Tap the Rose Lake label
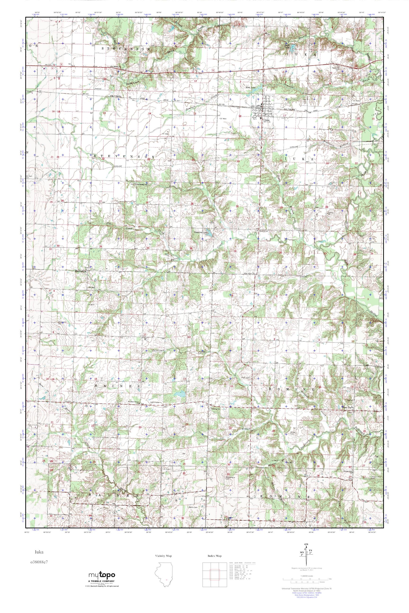[x=251, y=88]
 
